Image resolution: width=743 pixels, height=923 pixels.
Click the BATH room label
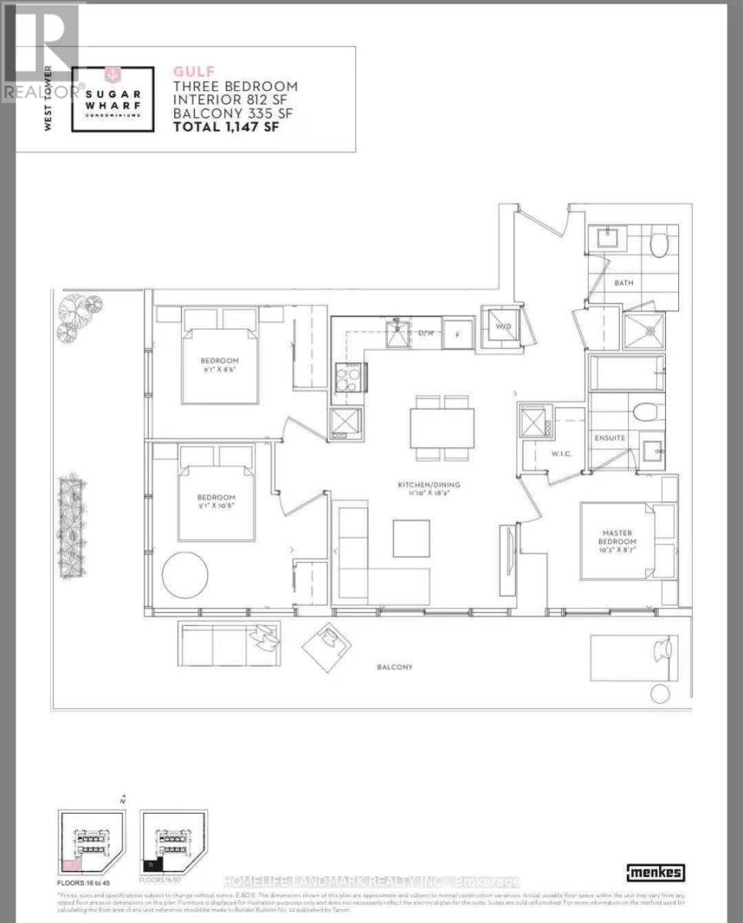coord(624,283)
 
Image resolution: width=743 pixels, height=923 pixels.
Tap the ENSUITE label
coord(610,438)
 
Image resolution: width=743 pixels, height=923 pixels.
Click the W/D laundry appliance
coord(504,325)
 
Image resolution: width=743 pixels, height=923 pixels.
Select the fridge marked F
coord(457,335)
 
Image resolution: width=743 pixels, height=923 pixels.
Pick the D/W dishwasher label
coord(426,334)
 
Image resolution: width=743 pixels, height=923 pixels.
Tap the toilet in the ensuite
coord(645,412)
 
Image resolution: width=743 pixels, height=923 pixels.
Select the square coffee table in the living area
coord(411,538)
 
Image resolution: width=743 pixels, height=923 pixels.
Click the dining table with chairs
coord(442,428)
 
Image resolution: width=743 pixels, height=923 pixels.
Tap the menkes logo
coord(656,872)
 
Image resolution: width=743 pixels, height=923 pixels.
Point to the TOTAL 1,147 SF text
coord(226,127)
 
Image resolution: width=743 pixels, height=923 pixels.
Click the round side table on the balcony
coord(660,693)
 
